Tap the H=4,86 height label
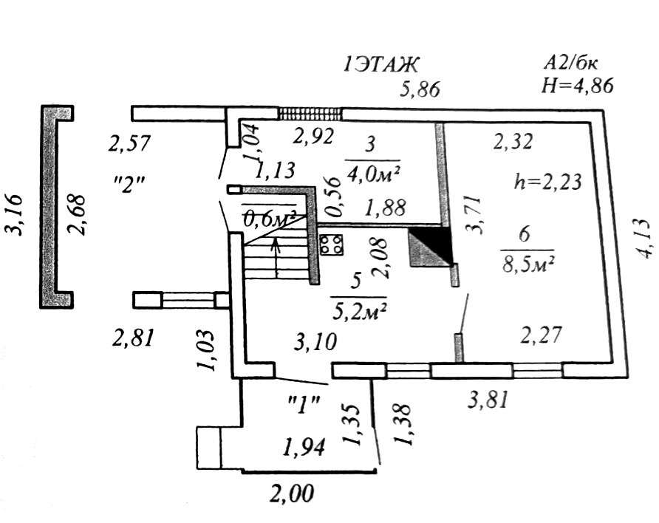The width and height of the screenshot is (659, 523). (x=576, y=85)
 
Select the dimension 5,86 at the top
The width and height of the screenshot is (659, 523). (x=420, y=90)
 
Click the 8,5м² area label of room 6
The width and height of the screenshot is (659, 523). (x=529, y=263)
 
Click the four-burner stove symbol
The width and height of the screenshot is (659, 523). (x=332, y=244)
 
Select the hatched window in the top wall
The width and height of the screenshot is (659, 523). (x=310, y=114)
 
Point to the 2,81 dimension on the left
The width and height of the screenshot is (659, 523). (x=134, y=338)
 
